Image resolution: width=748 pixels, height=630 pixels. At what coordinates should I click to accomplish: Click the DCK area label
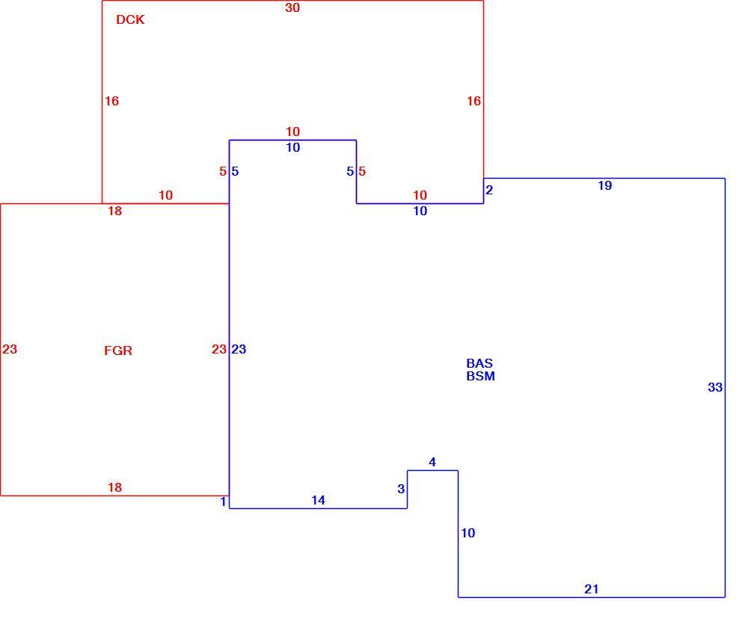(x=130, y=19)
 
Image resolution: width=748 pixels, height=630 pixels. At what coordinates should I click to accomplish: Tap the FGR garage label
(x=118, y=350)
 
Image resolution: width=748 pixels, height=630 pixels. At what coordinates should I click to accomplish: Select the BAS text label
(x=479, y=363)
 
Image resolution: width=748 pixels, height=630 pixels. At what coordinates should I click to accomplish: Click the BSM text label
(x=480, y=376)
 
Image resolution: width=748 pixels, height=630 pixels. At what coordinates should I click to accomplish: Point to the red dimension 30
(x=292, y=7)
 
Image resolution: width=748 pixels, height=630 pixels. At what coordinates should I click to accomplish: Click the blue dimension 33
(x=715, y=387)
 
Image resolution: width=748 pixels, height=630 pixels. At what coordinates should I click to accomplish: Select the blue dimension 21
(x=592, y=589)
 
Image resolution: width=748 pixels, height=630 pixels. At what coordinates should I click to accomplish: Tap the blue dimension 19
(x=605, y=185)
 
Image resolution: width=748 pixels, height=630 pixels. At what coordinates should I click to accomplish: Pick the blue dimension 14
(x=318, y=500)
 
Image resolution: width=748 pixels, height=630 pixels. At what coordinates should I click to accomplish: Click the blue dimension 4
(x=432, y=462)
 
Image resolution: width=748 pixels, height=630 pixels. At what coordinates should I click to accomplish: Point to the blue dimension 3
(x=401, y=489)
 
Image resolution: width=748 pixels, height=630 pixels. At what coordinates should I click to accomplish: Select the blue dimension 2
(x=489, y=190)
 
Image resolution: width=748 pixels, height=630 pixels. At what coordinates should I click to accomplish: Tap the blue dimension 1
(x=223, y=501)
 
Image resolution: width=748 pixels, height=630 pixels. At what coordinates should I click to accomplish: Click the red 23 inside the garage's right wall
(x=219, y=349)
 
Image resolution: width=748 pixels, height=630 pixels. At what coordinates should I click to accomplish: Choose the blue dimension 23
(x=239, y=349)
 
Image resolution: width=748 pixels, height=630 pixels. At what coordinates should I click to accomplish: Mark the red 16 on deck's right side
(x=473, y=101)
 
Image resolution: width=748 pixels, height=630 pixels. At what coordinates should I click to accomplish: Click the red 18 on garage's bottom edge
(x=114, y=487)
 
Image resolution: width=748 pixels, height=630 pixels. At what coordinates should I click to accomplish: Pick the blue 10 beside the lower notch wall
(x=468, y=533)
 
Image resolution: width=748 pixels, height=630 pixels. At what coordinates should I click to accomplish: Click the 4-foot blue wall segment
(x=432, y=471)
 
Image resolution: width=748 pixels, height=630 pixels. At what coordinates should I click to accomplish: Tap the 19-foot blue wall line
(x=604, y=179)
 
